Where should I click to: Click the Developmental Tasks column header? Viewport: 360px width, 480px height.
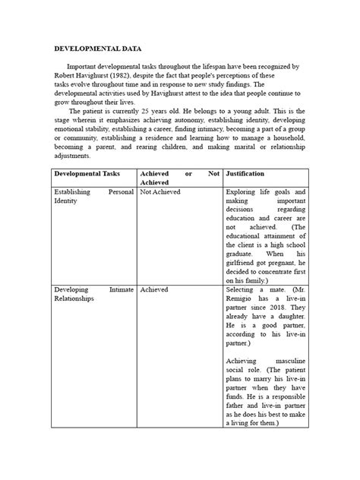click(87, 173)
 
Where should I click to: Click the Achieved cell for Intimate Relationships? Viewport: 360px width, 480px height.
click(154, 289)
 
